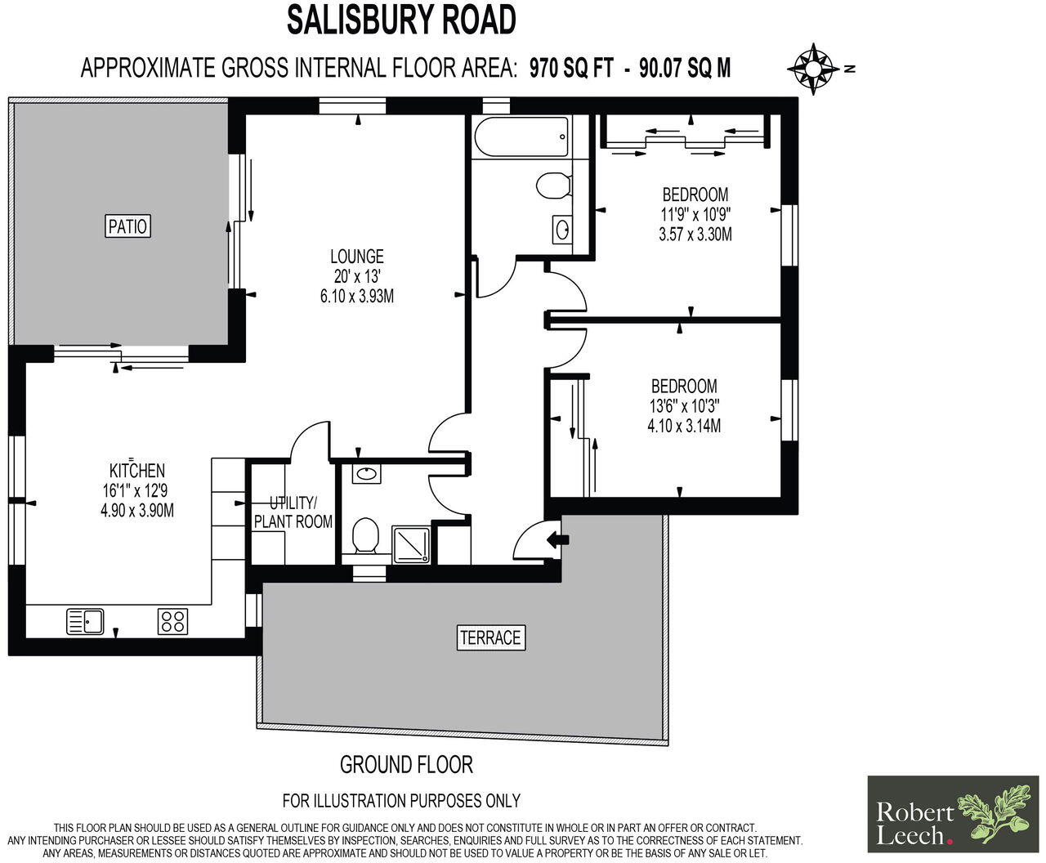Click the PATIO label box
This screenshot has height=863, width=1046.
tap(129, 225)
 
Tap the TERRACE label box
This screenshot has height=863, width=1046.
tap(489, 637)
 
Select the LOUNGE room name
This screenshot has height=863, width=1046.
tap(356, 257)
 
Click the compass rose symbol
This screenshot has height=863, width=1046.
tap(814, 69)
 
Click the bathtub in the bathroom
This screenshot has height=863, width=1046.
tap(521, 136)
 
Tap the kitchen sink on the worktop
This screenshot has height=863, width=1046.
tap(84, 622)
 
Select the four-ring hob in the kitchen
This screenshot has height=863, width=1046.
tap(172, 622)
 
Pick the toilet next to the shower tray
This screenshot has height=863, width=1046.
tap(364, 539)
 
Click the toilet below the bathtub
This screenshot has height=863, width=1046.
tap(553, 184)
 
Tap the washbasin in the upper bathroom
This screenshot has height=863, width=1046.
tap(562, 230)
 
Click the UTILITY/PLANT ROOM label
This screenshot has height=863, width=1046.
tap(293, 512)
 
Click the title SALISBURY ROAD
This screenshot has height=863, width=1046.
tap(401, 20)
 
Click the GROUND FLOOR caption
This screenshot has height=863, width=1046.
tap(406, 765)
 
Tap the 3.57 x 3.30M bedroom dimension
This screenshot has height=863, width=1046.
tap(695, 235)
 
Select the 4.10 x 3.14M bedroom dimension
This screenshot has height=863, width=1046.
tap(684, 426)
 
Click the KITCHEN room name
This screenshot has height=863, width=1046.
tap(137, 470)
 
